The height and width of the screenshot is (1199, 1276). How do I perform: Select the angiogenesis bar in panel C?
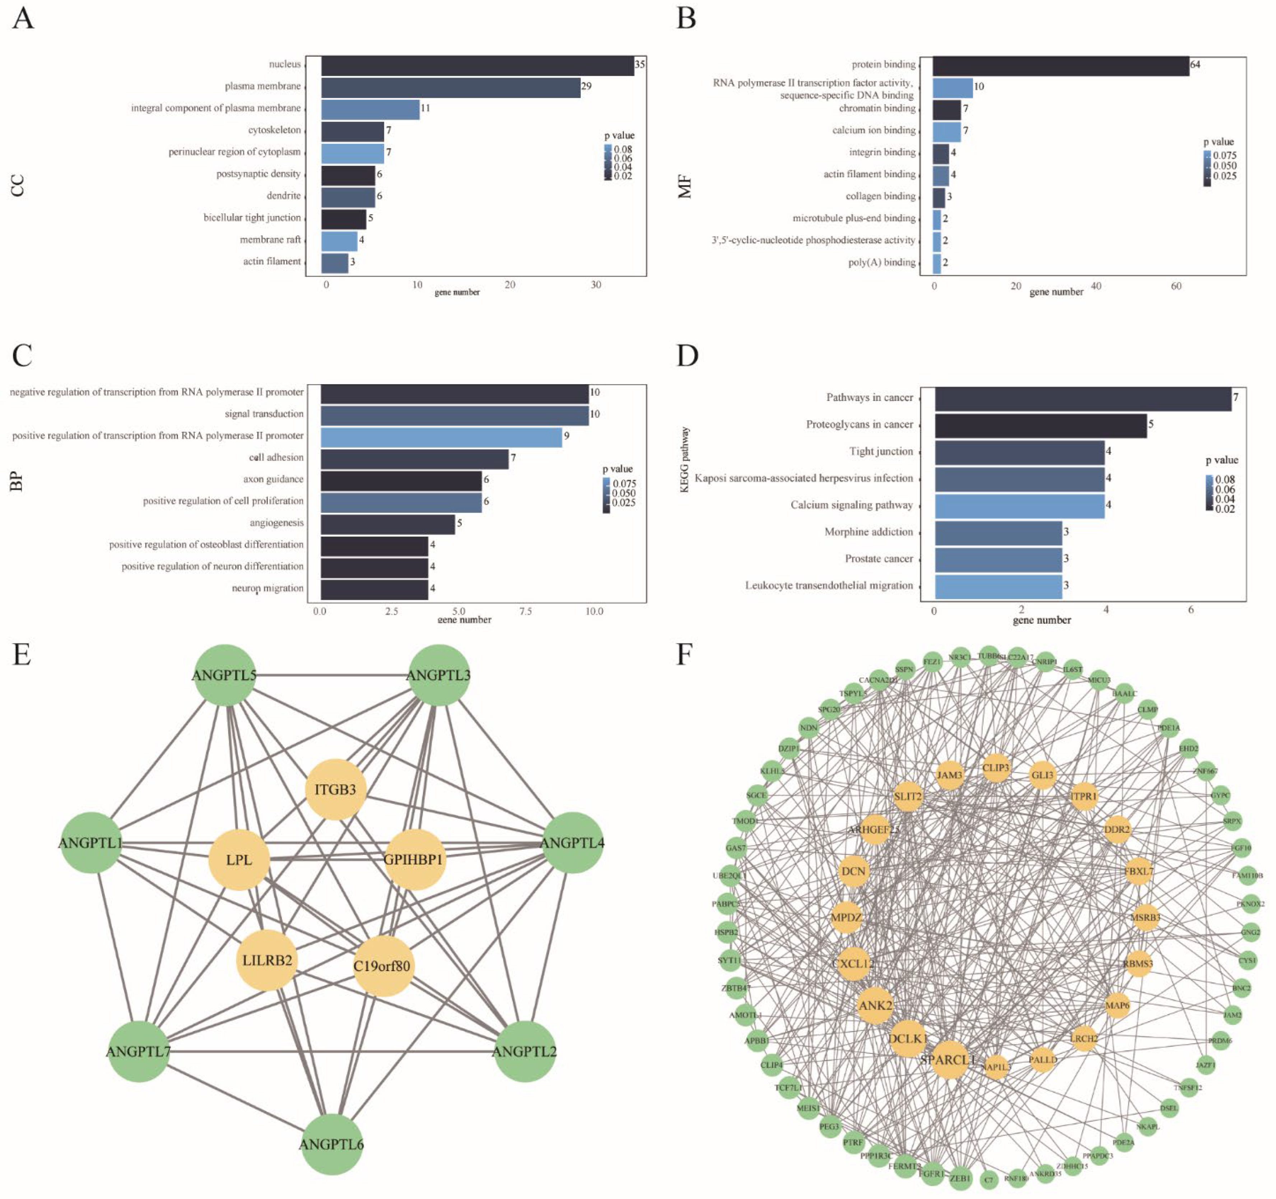click(x=388, y=524)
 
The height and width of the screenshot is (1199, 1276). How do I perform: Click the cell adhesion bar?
click(x=415, y=459)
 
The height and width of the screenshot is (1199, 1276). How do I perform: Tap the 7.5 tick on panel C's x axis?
click(x=526, y=612)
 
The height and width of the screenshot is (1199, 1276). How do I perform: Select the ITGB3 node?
click(x=335, y=790)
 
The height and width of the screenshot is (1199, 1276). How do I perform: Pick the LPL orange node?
click(x=239, y=860)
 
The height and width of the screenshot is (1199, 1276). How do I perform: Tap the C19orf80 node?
click(x=382, y=966)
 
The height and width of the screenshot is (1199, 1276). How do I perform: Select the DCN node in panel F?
click(x=854, y=872)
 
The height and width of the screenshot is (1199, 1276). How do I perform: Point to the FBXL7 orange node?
click(x=1138, y=872)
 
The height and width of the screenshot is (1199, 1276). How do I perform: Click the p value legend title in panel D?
click(x=1221, y=460)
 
